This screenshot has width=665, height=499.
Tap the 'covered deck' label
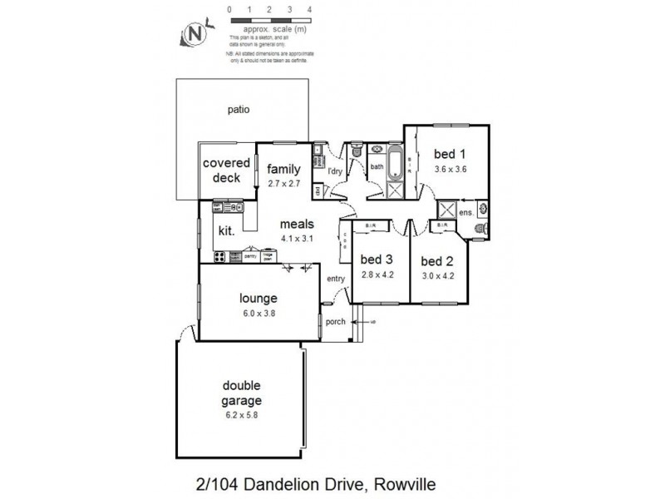222,170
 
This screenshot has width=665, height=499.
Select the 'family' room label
283,169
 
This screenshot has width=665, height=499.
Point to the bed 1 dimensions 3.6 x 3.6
450,169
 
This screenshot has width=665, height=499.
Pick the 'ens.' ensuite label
466,213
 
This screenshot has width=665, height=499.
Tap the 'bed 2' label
438,259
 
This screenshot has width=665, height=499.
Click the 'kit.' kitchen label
225,230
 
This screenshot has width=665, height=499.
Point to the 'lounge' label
258,299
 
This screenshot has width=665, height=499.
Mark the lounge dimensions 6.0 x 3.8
258,313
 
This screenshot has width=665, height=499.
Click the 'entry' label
336,279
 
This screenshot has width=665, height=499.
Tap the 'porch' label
335,322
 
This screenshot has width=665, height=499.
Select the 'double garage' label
241,393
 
